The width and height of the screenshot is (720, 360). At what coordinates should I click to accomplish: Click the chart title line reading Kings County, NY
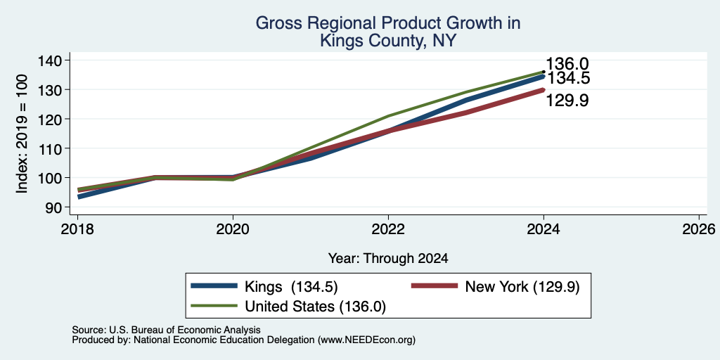[x=388, y=40]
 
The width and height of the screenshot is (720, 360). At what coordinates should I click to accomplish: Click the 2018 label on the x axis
[x=77, y=229]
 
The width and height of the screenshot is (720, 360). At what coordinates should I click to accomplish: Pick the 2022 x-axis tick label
[x=388, y=229]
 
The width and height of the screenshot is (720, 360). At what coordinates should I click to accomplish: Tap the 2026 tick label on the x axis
[x=699, y=229]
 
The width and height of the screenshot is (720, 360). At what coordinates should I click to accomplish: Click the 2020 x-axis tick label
[x=233, y=229]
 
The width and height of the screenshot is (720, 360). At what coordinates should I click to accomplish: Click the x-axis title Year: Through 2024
[x=388, y=259]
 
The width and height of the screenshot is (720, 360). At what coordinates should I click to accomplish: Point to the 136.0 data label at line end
[x=567, y=64]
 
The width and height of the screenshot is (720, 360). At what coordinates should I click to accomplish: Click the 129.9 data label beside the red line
[x=567, y=101]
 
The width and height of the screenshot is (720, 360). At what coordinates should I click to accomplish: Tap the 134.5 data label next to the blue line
[x=568, y=78]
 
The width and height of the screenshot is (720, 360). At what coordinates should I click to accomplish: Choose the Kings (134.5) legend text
[x=292, y=287]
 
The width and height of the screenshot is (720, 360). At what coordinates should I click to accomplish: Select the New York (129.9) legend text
[x=522, y=287]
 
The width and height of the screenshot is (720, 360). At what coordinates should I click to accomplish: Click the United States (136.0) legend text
[x=316, y=307]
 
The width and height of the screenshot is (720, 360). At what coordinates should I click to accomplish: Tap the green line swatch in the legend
[x=214, y=306]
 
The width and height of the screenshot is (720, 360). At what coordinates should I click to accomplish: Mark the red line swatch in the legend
[x=435, y=286]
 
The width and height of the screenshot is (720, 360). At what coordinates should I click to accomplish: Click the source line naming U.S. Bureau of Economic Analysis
[x=166, y=330]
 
